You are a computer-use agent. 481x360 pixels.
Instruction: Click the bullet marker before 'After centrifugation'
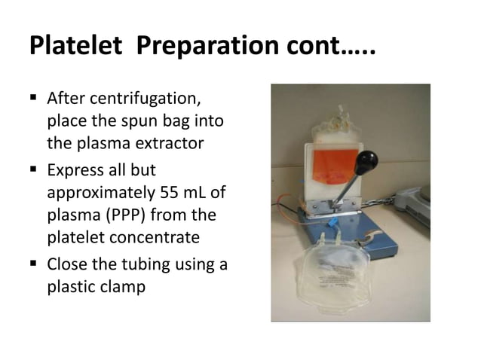pos(35,99)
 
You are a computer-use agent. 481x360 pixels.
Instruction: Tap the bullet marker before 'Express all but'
pos(35,171)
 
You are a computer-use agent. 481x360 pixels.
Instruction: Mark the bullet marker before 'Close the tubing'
pos(35,264)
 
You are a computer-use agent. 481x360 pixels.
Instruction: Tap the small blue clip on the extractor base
pos(330,225)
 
